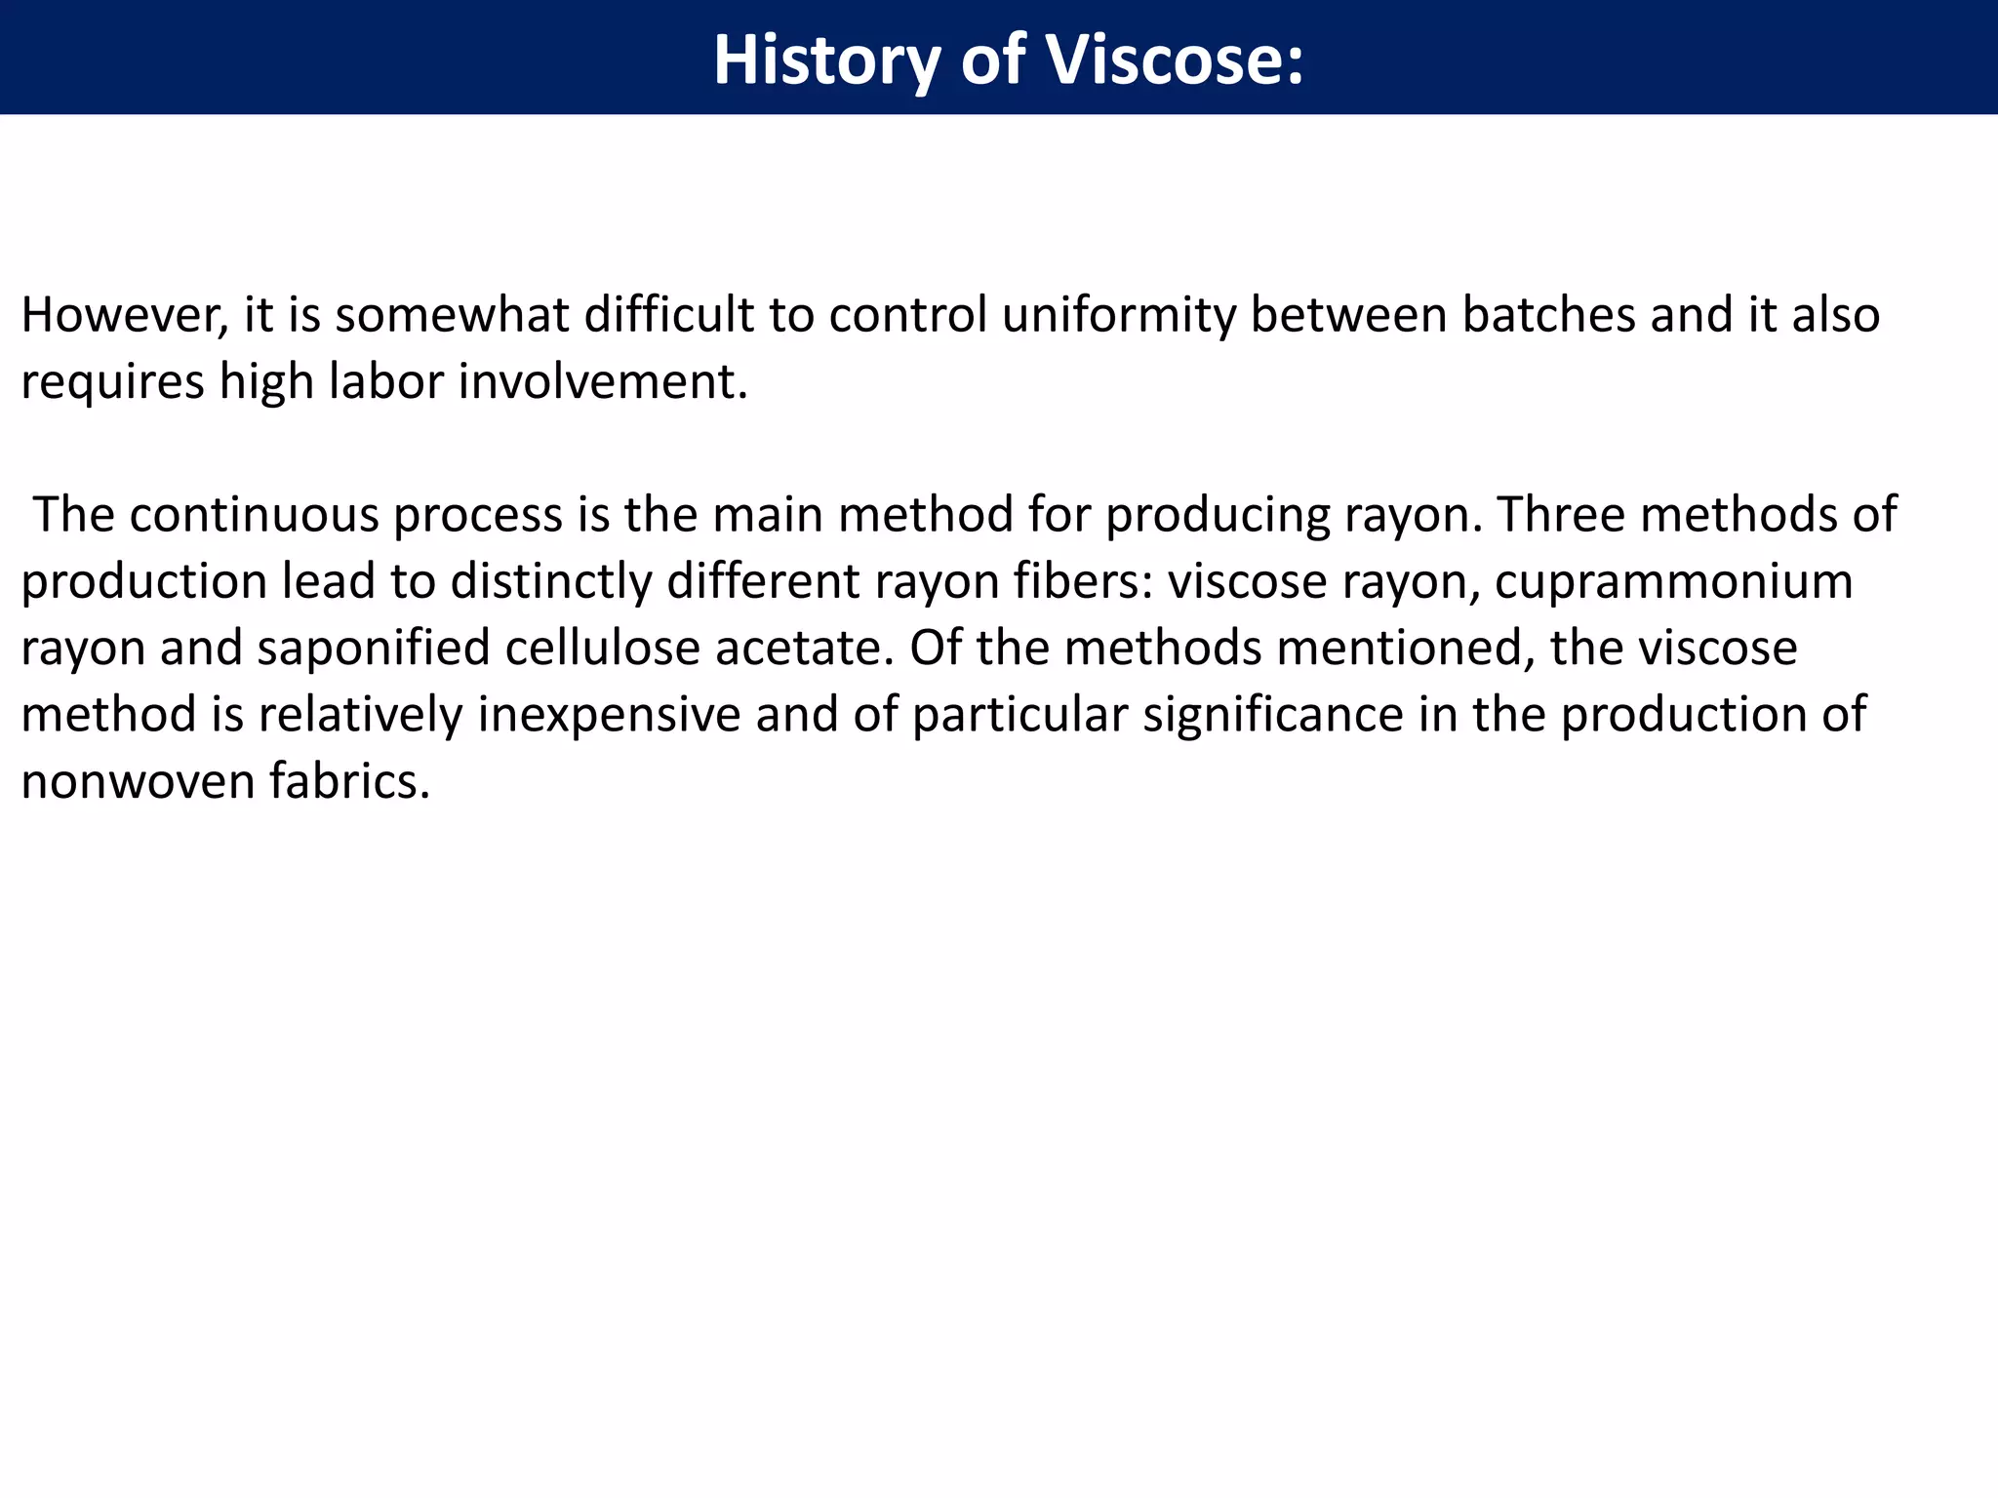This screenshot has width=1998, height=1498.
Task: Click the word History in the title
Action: point(826,60)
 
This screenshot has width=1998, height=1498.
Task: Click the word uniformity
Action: point(1118,315)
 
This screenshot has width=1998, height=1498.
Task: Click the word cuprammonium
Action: point(1673,581)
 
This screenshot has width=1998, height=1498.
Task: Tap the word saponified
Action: point(373,648)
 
